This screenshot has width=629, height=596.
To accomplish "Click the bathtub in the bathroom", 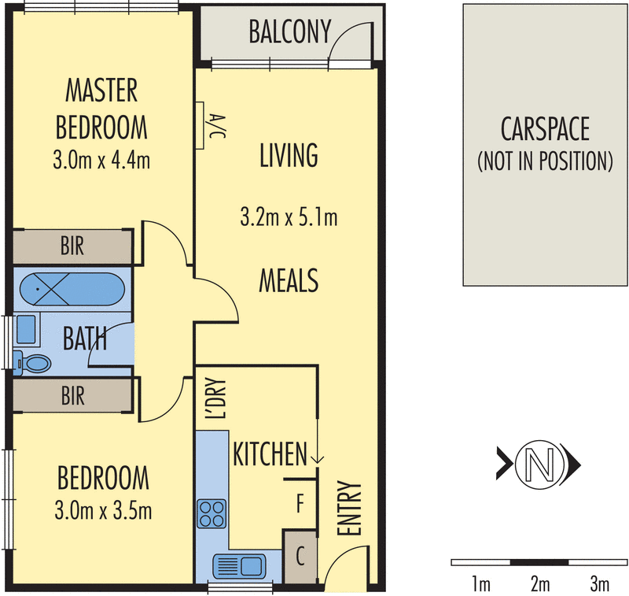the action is (x=72, y=289).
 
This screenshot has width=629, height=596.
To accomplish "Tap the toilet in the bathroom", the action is (x=33, y=364).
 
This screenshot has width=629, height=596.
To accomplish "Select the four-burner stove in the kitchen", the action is (x=212, y=513).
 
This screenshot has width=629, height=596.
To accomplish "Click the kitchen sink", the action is (x=240, y=566).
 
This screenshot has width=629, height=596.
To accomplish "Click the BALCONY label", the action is (x=290, y=31).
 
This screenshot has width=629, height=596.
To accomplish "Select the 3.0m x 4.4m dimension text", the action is (x=101, y=160).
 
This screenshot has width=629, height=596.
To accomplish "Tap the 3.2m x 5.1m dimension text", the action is (x=289, y=217).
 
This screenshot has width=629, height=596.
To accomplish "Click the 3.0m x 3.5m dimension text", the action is (x=103, y=511).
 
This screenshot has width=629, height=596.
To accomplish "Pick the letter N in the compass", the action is (x=540, y=465).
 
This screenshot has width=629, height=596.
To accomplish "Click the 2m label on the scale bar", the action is (x=540, y=583).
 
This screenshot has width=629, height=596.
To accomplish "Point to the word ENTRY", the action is (x=349, y=508).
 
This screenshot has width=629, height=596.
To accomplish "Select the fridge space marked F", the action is (x=300, y=503).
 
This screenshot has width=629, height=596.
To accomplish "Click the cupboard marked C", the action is (x=300, y=557).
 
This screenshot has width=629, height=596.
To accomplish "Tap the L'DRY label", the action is (x=215, y=398).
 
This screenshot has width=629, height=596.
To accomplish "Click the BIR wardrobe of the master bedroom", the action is (x=72, y=246).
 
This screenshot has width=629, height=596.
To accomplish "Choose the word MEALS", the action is (x=289, y=280).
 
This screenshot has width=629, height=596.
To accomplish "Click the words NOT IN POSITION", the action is (x=545, y=161).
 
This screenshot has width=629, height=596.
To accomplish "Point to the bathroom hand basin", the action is (x=26, y=329).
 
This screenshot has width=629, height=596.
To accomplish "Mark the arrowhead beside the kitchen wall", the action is (x=318, y=460).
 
